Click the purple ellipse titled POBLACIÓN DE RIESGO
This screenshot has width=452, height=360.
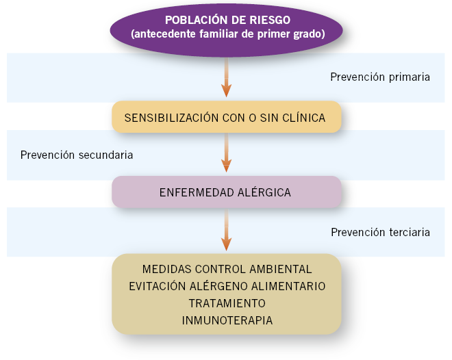click(x=226, y=30)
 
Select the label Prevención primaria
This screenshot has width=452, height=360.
click(x=380, y=77)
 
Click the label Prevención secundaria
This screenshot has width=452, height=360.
click(x=77, y=155)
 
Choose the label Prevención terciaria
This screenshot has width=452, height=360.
click(x=380, y=232)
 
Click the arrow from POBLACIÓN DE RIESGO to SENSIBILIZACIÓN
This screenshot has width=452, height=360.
click(x=226, y=77)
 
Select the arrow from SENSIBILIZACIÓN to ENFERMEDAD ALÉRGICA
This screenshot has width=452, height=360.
click(x=226, y=153)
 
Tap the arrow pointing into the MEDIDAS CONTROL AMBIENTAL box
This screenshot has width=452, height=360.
click(x=226, y=229)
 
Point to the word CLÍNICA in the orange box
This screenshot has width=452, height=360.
click(x=304, y=118)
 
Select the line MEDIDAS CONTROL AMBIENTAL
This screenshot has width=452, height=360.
click(x=227, y=269)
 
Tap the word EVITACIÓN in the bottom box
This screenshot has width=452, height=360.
click(x=158, y=286)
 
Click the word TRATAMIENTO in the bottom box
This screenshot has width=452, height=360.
click(x=227, y=303)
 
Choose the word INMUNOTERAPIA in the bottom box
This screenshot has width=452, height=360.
click(x=227, y=320)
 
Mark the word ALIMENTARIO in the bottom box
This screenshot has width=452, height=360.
click(x=288, y=286)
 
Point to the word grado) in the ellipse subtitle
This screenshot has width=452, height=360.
click(x=309, y=34)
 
